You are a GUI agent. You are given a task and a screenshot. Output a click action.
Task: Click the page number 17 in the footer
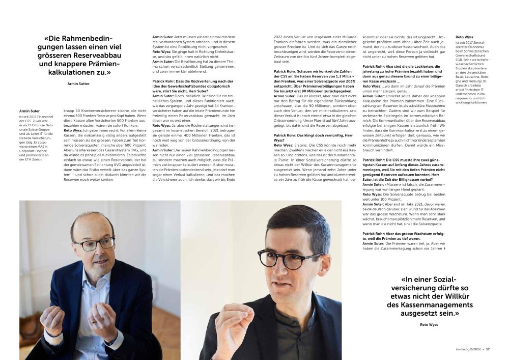[488, 349]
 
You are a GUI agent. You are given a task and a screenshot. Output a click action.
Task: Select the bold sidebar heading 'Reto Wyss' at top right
[464, 38]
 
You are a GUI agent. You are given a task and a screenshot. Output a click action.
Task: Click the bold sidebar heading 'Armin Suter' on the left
[29, 110]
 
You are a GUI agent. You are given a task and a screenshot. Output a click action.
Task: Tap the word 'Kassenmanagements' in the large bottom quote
[430, 305]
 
